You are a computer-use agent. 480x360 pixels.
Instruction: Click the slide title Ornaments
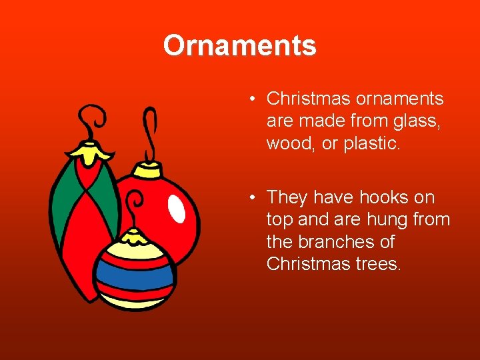239,45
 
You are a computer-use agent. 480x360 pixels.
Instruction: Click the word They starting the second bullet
287,197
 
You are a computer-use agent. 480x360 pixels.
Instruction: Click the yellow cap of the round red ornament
151,171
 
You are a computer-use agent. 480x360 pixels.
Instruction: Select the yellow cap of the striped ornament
135,237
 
